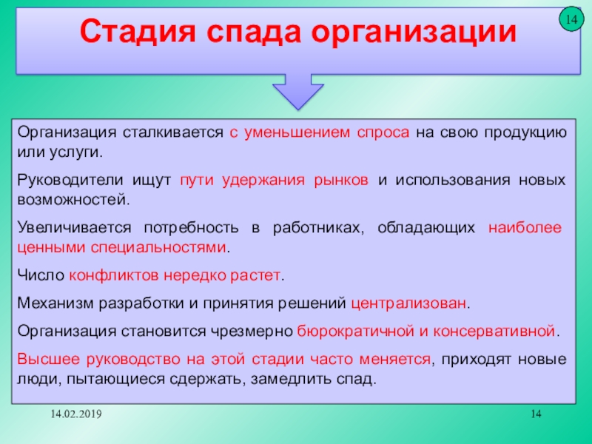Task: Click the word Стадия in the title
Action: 138,33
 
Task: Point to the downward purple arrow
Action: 298,90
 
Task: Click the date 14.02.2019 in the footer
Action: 76,414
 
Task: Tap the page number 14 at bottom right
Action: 536,414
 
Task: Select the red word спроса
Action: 383,133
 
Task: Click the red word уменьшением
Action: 297,133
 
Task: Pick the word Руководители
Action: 70,180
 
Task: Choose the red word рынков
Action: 341,181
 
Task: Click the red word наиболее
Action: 525,228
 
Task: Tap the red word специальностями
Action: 158,248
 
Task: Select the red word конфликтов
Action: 114,275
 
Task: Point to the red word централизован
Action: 408,304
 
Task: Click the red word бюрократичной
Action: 356,332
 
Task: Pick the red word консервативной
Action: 494,332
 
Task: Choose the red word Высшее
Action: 48,359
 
